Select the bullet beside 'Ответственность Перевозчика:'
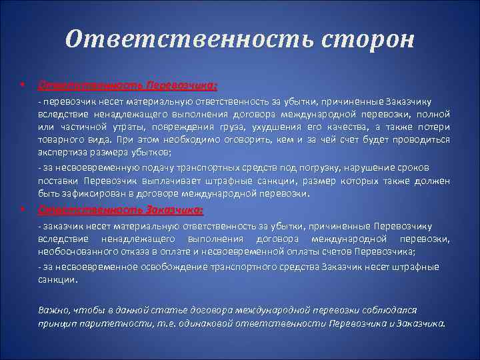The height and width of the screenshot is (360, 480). (x=23, y=86)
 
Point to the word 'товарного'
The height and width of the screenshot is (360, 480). (x=61, y=139)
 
